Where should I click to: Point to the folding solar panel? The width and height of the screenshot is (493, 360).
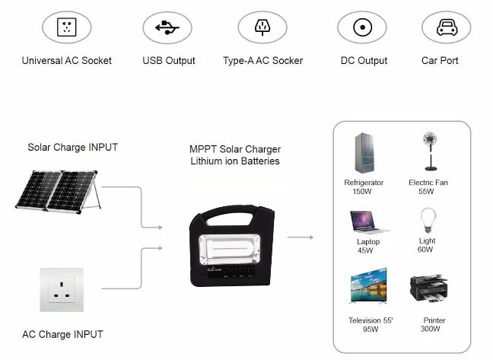58,190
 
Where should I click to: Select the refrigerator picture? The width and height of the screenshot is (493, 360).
364,155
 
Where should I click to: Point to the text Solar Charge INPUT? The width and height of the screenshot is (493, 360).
73,147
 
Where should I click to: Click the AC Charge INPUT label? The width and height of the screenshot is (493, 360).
62,334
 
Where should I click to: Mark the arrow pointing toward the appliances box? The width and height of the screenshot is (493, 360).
301,237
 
